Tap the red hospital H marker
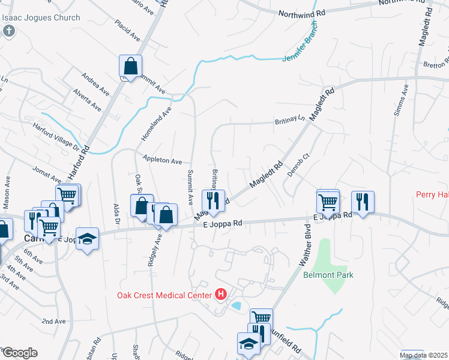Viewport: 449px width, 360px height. pos(221,295)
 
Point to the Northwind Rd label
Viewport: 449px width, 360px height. pos(301,12)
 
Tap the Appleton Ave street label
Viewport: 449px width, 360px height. pos(162,161)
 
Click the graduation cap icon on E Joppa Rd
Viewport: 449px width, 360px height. pos(88,239)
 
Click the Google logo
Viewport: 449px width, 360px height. pos(19,352)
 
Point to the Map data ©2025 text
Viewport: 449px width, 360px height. pos(423,355)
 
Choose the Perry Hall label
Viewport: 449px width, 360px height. pos(433,195)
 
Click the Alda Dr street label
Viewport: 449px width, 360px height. pos(116,213)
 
